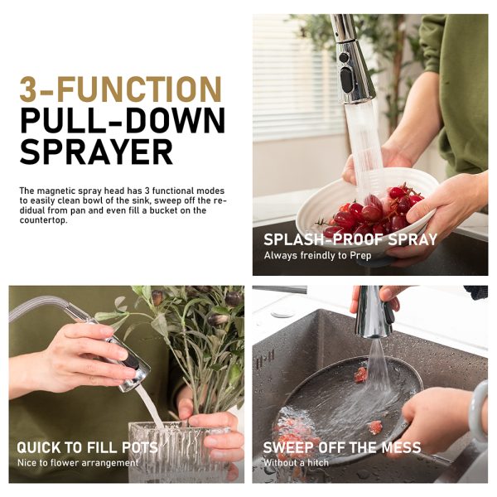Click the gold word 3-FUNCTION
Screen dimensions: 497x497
point(120,89)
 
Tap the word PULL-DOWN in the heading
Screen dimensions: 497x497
point(123,120)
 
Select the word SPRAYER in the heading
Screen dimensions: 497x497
point(96,152)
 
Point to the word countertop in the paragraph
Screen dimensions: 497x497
point(43,220)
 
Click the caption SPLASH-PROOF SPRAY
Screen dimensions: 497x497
point(350,239)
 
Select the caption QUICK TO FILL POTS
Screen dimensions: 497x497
point(87,447)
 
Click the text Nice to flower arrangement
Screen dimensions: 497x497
point(78,463)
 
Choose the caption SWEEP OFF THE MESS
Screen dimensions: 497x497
point(342,447)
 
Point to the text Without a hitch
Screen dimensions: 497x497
point(296,463)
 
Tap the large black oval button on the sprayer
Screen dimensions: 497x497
point(346,80)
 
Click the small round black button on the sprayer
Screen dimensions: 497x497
point(344,58)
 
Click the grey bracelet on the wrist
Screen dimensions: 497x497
point(478,411)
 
